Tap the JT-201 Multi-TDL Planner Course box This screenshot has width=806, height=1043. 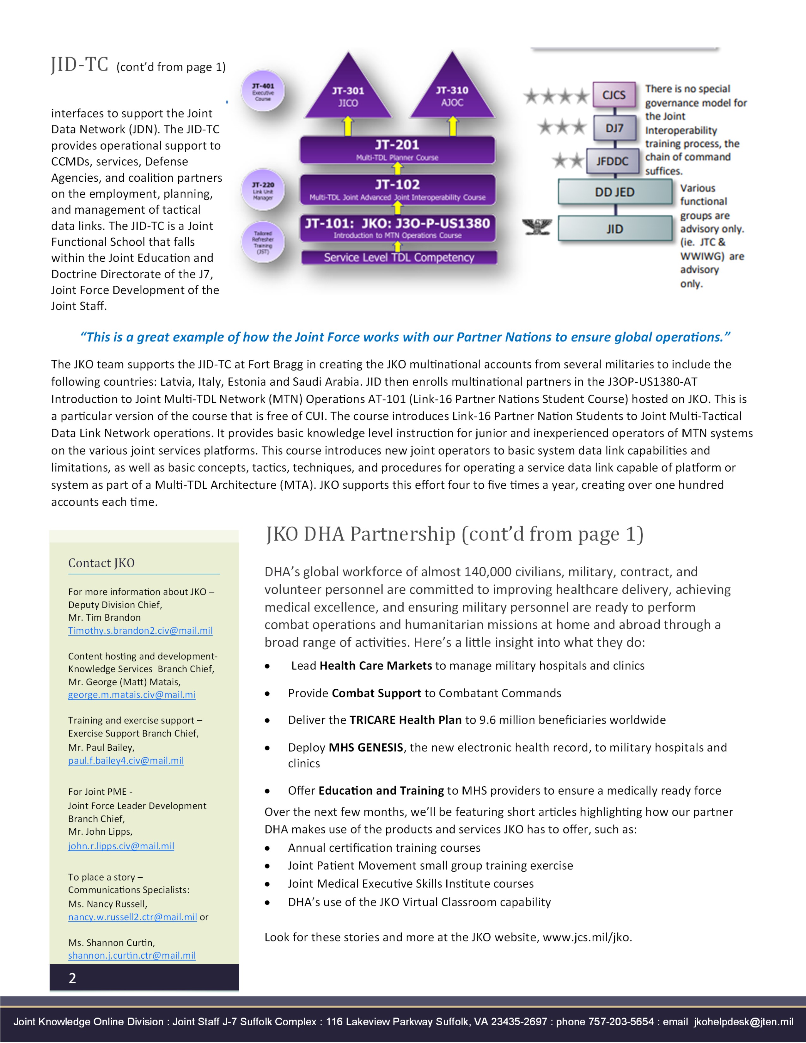(x=397, y=149)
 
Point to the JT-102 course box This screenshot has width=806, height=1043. (x=397, y=189)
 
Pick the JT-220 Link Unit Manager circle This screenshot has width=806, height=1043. (x=263, y=190)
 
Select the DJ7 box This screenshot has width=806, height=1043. (x=614, y=128)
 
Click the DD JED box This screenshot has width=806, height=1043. (x=614, y=192)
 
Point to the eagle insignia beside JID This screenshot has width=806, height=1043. (x=537, y=227)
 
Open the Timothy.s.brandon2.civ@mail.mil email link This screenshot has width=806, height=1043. (x=140, y=631)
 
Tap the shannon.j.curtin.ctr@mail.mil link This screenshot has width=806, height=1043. (x=132, y=955)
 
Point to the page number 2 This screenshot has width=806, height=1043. (x=72, y=978)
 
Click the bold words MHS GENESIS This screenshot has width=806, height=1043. (x=366, y=747)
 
